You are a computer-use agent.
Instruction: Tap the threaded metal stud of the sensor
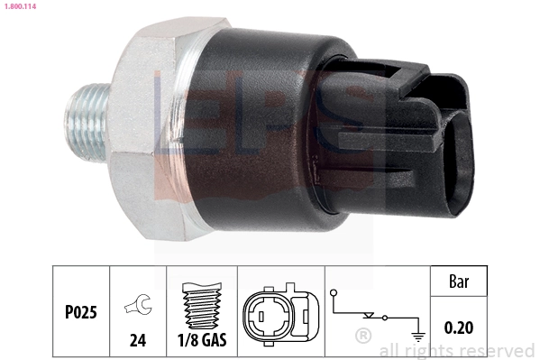click(x=85, y=116)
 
